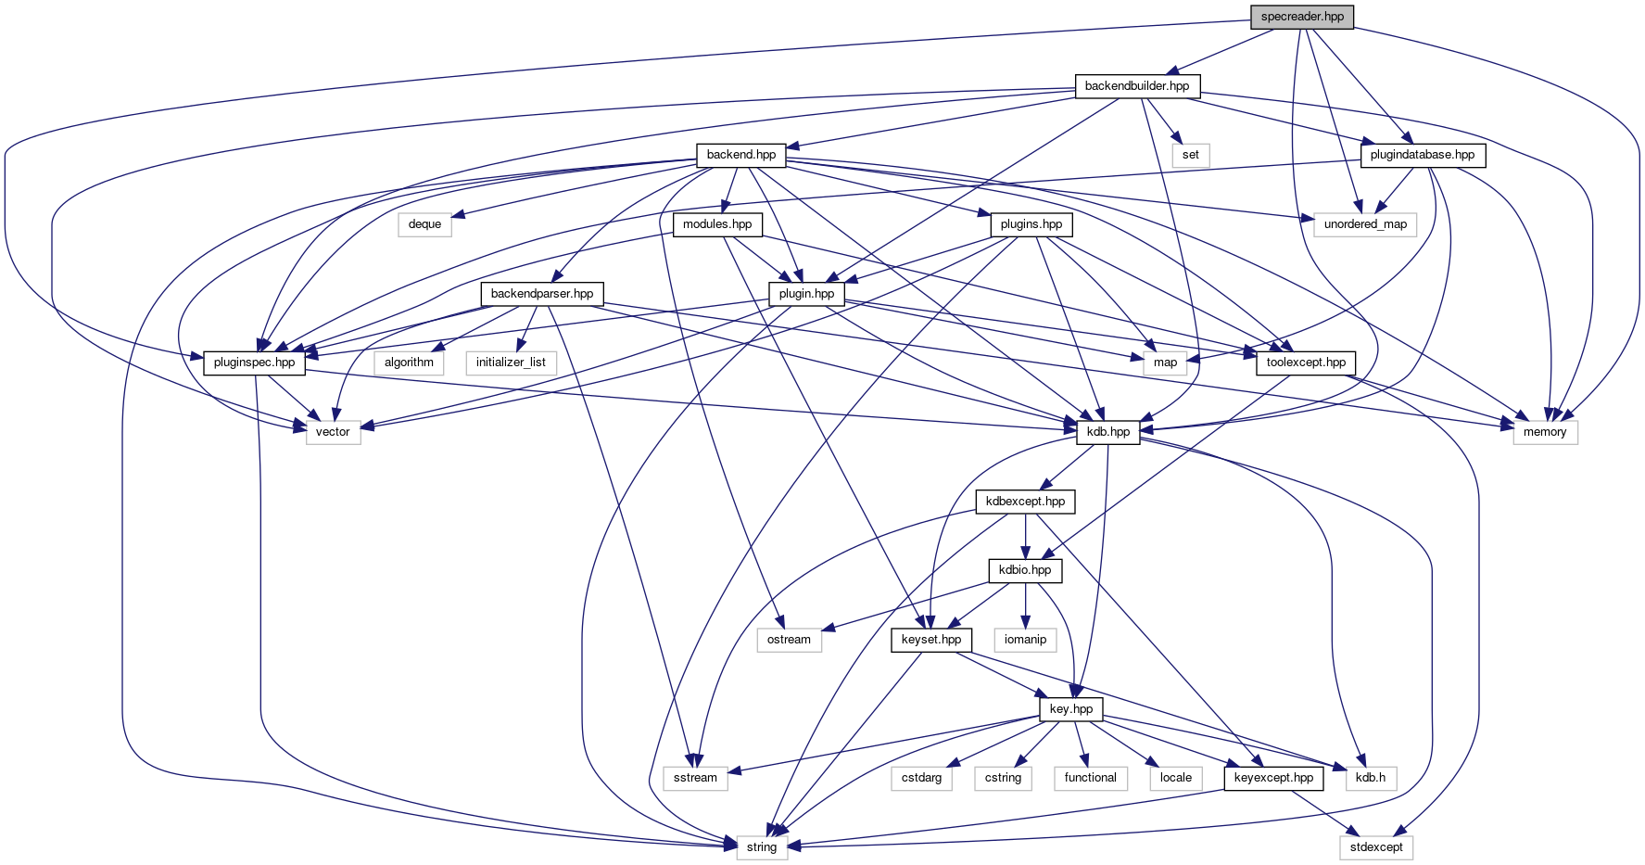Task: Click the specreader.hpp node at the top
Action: pos(1302,17)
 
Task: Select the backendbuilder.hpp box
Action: pos(1137,86)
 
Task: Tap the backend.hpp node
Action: pos(740,155)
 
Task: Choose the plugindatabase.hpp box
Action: pos(1423,155)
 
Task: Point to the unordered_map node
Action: pos(1365,224)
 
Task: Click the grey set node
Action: pos(1191,155)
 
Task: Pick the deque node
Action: pos(424,224)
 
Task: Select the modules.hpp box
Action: pos(717,224)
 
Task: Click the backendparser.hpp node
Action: pos(542,294)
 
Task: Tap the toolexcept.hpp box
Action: pos(1306,363)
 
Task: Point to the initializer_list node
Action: pos(511,363)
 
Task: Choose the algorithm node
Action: pos(409,363)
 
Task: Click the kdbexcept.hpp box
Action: pos(1026,502)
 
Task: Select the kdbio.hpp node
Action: pos(1025,570)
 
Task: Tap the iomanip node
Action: pos(1025,640)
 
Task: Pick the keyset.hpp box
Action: pos(931,640)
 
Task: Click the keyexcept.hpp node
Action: pos(1273,778)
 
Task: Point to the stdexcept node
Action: pos(1376,847)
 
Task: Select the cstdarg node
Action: pos(921,778)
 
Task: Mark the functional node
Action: pos(1090,778)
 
